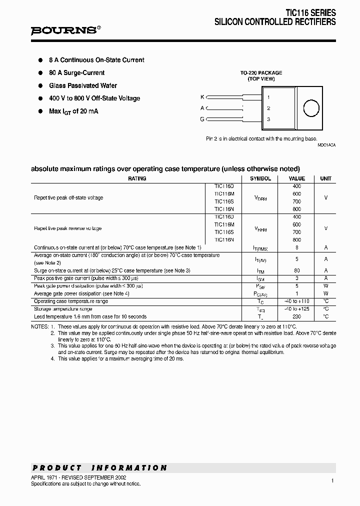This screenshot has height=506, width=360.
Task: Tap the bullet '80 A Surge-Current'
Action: click(76, 72)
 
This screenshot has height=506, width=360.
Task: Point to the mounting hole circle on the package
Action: click(311, 108)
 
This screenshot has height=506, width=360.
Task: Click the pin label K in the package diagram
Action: click(202, 96)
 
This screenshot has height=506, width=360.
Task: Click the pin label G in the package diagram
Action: click(202, 119)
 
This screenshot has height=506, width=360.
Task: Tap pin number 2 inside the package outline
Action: click(268, 108)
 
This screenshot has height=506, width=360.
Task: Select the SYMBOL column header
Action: click(260, 178)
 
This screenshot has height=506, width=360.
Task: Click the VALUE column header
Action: click(296, 178)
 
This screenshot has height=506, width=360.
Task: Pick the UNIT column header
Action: click(325, 178)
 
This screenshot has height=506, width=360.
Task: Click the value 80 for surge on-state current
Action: click(296, 270)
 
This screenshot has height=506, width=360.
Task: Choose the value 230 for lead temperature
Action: click(296, 316)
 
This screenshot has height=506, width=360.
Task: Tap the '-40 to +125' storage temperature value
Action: click(296, 309)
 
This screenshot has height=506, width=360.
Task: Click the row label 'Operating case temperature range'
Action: click(70, 301)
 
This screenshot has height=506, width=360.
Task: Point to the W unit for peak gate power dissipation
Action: click(325, 286)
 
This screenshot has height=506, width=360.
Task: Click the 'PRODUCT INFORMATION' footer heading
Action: click(99, 468)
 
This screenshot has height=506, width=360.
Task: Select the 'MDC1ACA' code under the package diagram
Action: click(326, 144)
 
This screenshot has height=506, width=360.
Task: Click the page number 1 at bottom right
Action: click(332, 480)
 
